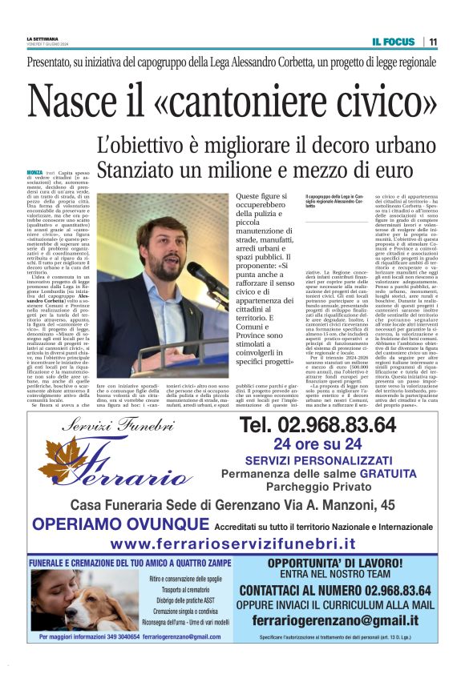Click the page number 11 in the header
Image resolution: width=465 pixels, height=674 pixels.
point(433,42)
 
